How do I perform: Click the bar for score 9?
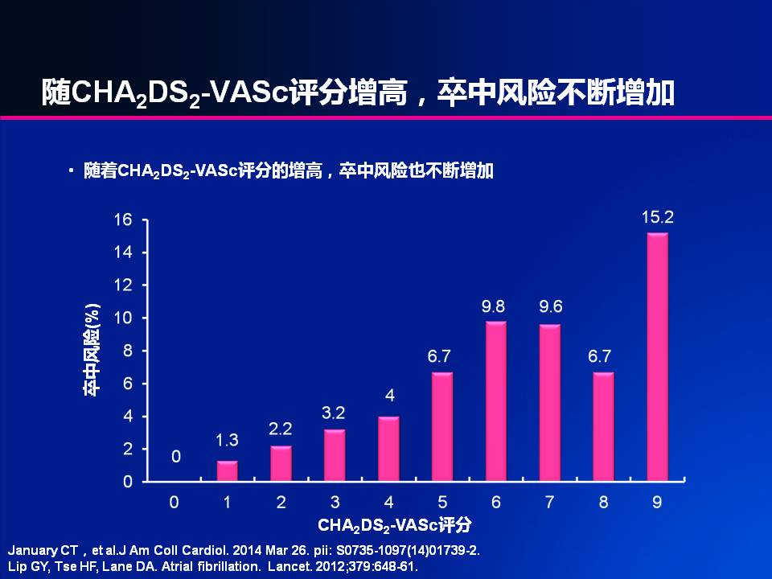[657, 357]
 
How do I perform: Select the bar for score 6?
[495, 401]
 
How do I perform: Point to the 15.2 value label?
[657, 217]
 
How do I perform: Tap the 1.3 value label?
[228, 440]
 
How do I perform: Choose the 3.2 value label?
[335, 413]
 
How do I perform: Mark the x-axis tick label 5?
[442, 503]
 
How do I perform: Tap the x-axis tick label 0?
[174, 503]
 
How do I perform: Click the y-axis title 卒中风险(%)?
[92, 350]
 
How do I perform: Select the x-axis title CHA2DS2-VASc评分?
[394, 527]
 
